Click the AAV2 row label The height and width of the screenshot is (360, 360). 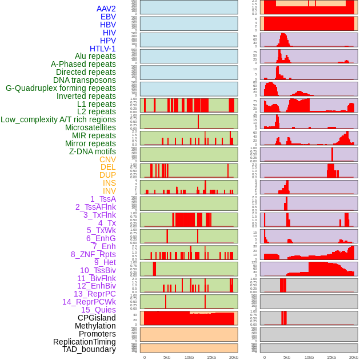click(x=106, y=9)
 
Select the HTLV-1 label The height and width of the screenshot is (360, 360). click(x=102, y=49)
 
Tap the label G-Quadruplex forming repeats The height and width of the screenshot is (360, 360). click(x=61, y=88)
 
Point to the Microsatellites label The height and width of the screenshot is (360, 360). click(x=90, y=127)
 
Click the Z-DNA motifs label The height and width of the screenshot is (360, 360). click(x=92, y=151)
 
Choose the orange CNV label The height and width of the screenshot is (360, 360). click(x=107, y=159)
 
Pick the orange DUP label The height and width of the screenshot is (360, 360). click(x=107, y=175)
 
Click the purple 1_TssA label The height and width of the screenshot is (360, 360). click(x=103, y=199)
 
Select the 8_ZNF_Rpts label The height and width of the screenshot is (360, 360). click(x=93, y=254)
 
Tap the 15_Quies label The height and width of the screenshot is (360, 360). click(x=98, y=310)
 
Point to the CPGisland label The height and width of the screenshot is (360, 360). click(x=97, y=318)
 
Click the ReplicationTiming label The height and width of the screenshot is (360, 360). click(x=84, y=342)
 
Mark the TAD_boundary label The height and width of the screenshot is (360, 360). click(x=89, y=349)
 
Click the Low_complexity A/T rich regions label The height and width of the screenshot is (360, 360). click(x=58, y=119)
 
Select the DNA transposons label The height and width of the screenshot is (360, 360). click(x=85, y=80)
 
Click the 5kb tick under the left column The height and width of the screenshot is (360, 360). click(x=167, y=357)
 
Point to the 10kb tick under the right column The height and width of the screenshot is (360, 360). click(x=309, y=357)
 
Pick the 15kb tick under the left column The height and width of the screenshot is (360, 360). click(x=211, y=357)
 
